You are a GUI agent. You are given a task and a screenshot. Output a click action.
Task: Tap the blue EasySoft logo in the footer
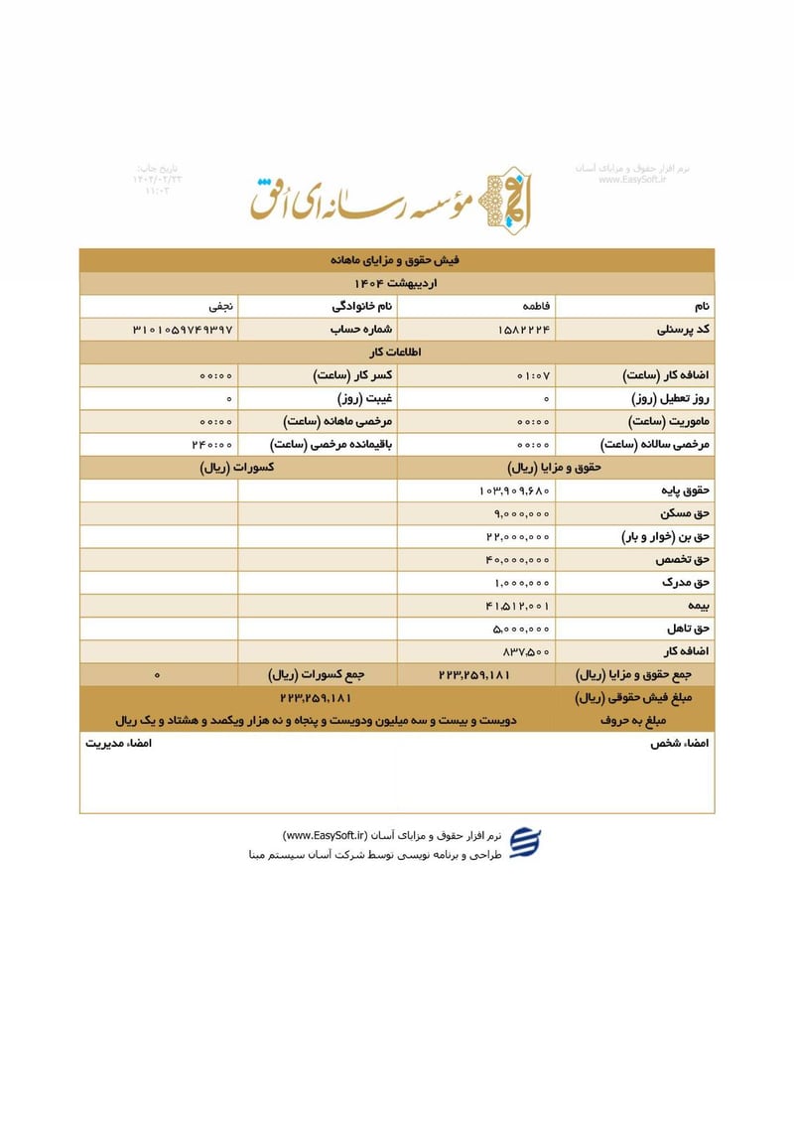pos(525,843)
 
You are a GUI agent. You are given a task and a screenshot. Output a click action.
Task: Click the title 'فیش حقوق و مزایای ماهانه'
pos(396,260)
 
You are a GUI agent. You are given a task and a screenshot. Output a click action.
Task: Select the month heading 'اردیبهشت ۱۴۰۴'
pos(396,284)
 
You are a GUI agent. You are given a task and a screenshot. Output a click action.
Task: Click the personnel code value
pos(523,330)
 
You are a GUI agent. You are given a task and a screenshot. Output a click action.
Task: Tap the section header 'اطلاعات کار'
pos(396,352)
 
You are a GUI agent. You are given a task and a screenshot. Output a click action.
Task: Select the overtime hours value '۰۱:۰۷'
pos(534,376)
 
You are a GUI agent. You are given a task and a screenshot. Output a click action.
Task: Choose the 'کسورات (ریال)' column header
pos(237,467)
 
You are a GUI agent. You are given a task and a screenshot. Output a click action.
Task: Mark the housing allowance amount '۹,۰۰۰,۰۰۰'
pos(521,513)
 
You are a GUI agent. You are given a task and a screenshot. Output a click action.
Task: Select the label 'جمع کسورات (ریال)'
pos(317,675)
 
